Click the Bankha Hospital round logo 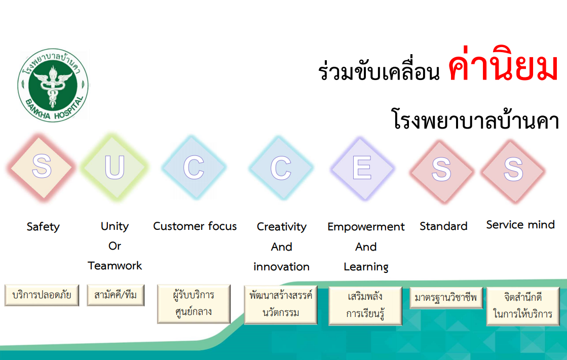(x=53, y=85)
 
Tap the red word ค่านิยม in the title (x=503, y=64)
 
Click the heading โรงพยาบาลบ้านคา (x=475, y=119)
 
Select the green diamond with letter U (x=115, y=167)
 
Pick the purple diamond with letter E (x=362, y=168)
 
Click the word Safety (x=43, y=227)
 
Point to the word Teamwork (x=115, y=266)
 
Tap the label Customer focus (x=195, y=226)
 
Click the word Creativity (x=282, y=227)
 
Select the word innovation (x=281, y=267)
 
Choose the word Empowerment (x=366, y=227)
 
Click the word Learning (x=366, y=267)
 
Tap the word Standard (x=444, y=226)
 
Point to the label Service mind (x=520, y=225)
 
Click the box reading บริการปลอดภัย (x=42, y=295)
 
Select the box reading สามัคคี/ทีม (x=116, y=295)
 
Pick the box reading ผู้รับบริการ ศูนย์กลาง (x=194, y=304)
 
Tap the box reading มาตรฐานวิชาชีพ (x=446, y=298)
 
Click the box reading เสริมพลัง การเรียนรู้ (x=365, y=306)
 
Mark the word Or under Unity (x=115, y=246)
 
